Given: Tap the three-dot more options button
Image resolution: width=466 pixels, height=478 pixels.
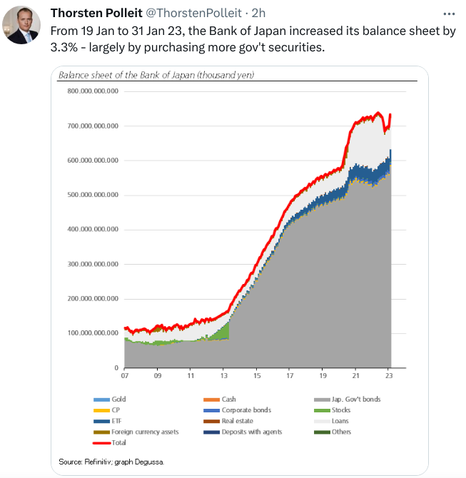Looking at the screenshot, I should pyautogui.click(x=447, y=14).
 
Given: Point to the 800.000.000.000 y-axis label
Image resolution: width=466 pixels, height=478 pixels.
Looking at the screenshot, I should pyautogui.click(x=91, y=91).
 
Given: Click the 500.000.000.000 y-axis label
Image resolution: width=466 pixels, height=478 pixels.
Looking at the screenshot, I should pyautogui.click(x=91, y=195).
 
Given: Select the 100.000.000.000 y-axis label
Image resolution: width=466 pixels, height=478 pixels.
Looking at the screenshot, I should pyautogui.click(x=91, y=333).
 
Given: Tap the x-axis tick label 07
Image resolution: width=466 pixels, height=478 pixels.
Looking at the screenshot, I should pyautogui.click(x=125, y=375).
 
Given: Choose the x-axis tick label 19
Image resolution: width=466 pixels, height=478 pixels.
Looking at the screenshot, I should pyautogui.click(x=323, y=375).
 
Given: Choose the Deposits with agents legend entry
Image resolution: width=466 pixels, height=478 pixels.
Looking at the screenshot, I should pyautogui.click(x=251, y=432).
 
